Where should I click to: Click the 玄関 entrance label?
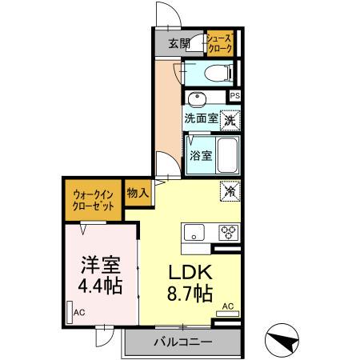coord(179,43)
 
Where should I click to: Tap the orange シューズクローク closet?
coord(219,43)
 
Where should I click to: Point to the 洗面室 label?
coord(201,118)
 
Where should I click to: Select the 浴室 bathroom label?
coord(201,155)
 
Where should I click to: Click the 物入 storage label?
coord(138,193)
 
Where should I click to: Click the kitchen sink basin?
coord(194,234)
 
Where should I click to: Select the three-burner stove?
coord(228,233)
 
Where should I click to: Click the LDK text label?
coord(189,271)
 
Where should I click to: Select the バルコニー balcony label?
coord(183,342)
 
